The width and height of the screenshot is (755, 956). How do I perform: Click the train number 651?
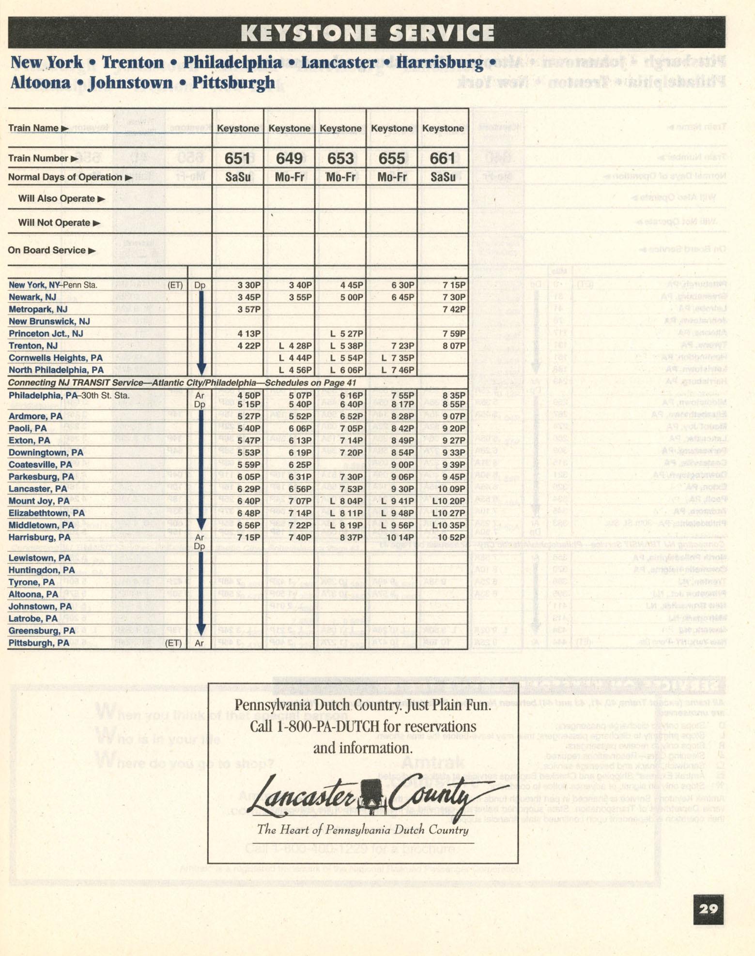237,158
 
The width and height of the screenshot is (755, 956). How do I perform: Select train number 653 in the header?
340,158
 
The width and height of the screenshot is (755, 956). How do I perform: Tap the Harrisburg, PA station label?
39,537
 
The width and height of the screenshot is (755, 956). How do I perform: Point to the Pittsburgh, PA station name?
39,643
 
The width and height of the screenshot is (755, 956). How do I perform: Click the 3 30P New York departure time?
249,285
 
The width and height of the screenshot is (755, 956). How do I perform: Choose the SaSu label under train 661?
443,177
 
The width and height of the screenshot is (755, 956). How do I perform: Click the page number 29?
708,909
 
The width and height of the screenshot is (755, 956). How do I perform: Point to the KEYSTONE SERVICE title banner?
367,33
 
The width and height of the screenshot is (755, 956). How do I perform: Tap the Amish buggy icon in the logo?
371,794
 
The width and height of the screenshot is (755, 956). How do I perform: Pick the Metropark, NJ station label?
38,309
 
